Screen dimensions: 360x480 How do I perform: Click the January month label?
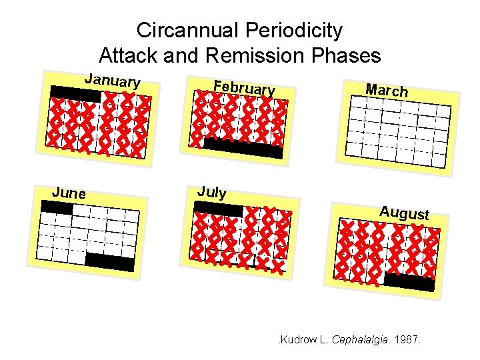[x=112, y=81]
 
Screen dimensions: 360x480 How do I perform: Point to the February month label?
[x=244, y=87]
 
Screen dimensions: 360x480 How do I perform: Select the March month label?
[x=387, y=89]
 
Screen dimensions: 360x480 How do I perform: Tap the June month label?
[x=69, y=193]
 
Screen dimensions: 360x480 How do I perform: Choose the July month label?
[x=212, y=192]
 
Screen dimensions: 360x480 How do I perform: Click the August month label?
[x=404, y=213]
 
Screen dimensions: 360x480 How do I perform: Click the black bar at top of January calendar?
[x=76, y=94]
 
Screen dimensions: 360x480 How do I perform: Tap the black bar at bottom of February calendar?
[x=243, y=148]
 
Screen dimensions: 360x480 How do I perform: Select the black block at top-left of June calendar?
[x=56, y=208]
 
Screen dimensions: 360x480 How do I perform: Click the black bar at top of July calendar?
[x=219, y=209]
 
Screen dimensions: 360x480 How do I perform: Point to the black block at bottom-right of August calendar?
[x=409, y=282]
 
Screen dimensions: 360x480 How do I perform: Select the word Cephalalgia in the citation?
[x=361, y=340]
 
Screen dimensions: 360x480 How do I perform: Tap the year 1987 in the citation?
[x=407, y=340]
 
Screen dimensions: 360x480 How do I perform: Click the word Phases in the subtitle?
[x=348, y=55]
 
